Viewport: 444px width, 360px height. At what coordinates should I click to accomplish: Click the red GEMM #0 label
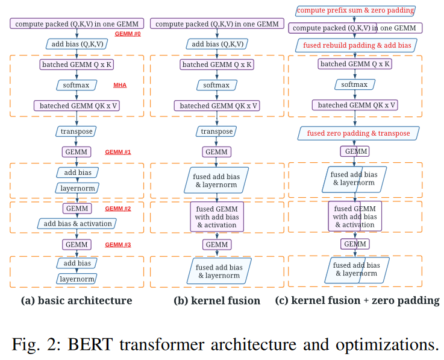[127, 34]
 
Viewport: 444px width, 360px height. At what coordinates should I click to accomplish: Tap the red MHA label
[120, 85]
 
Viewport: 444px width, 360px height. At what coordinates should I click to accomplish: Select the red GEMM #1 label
[118, 152]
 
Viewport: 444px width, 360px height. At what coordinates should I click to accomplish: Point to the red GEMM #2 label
[118, 209]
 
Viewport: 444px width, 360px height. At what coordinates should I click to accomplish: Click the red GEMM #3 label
[118, 245]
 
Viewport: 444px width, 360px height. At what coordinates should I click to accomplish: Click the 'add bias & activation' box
[77, 224]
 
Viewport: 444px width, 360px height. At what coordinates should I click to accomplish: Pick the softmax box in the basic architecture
[77, 85]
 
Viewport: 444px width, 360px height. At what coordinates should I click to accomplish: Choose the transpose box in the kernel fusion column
[216, 131]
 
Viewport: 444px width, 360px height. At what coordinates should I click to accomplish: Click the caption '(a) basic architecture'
[77, 300]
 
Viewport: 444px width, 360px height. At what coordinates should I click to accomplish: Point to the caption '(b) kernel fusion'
[217, 300]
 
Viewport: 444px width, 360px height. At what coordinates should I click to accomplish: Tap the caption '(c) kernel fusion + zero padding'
[357, 300]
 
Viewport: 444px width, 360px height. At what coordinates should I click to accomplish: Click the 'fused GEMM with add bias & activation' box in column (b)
[217, 217]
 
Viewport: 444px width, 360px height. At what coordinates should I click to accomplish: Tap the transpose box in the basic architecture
[77, 131]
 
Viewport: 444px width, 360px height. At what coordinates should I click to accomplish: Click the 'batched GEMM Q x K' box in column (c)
[355, 64]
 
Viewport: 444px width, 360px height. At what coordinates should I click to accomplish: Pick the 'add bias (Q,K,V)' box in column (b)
[216, 44]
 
